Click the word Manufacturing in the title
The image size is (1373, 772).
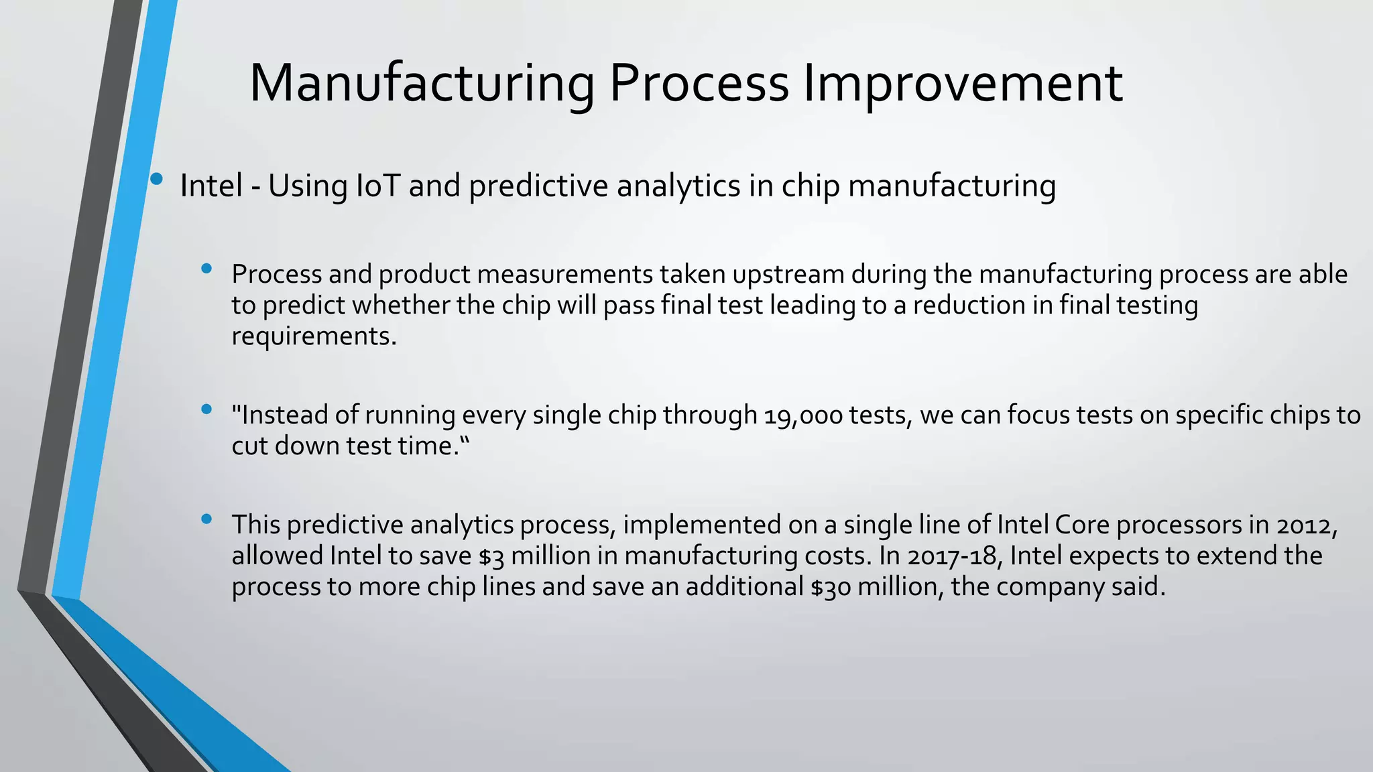[x=421, y=83]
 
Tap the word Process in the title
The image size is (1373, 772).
[x=699, y=83]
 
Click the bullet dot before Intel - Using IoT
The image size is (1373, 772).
[x=156, y=179]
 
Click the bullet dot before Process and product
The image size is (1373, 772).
[x=206, y=269]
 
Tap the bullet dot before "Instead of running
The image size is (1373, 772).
[x=206, y=409]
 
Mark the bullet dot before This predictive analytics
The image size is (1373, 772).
[x=206, y=519]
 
